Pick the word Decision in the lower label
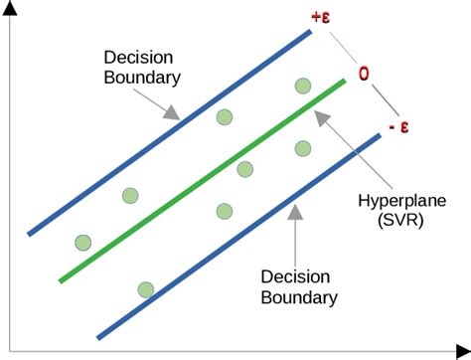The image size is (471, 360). tap(299, 275)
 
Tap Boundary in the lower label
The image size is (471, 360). tap(299, 296)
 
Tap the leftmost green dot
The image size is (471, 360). tap(82, 242)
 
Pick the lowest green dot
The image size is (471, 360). tap(146, 289)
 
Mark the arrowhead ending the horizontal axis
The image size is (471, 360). tap(462, 347)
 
